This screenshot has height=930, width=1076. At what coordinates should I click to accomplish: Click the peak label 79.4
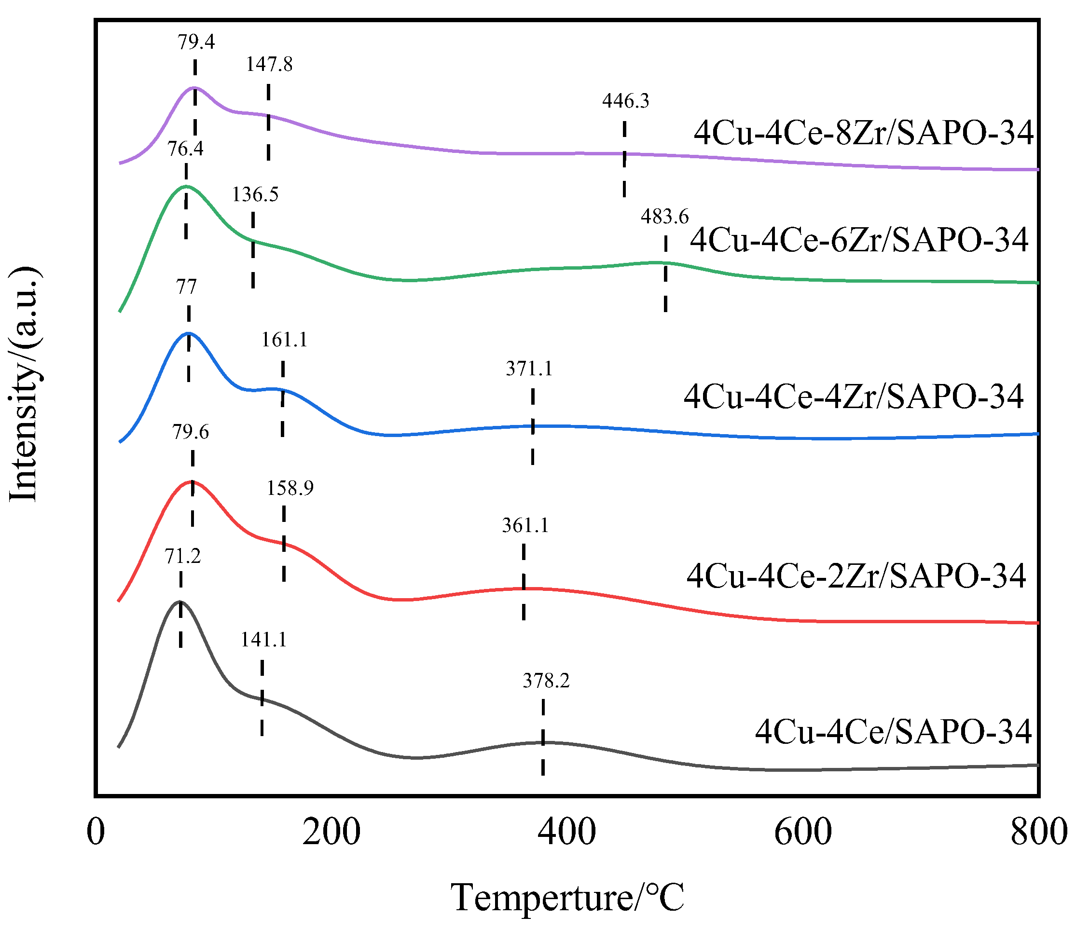coord(196,42)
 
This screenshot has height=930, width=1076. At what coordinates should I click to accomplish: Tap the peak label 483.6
coord(664,217)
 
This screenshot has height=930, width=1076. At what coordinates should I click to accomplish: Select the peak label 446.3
coord(625,101)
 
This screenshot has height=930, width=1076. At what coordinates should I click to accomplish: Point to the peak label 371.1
coord(529,369)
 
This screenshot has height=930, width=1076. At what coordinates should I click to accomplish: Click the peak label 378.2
coord(546,680)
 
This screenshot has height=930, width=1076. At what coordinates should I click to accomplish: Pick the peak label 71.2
coord(182,557)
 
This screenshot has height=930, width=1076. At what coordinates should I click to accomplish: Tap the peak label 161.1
coord(284,340)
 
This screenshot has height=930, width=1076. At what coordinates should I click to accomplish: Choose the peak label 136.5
coord(255,195)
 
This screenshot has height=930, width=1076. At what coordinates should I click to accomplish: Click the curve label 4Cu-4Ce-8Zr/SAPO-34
coord(863,133)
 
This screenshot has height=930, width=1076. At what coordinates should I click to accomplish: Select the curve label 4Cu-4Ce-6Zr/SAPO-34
coord(859,240)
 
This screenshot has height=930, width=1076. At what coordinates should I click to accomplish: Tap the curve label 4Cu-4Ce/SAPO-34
coord(893,732)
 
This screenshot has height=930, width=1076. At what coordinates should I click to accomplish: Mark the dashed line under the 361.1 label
coord(524,582)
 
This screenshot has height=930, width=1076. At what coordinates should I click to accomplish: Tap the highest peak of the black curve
coord(180,602)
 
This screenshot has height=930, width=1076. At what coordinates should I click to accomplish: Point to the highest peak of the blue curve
coord(189,333)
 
